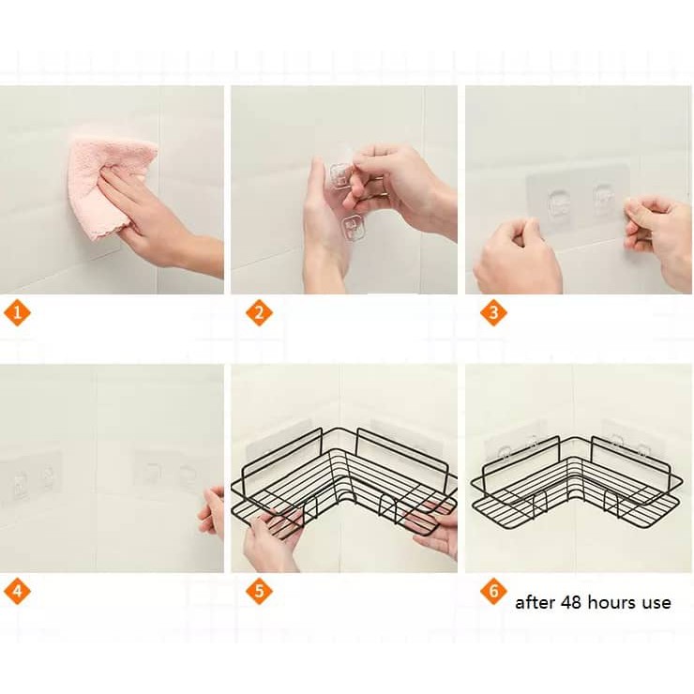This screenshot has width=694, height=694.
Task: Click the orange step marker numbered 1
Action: tap(17, 313)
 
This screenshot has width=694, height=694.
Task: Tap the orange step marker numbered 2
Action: tap(259, 313)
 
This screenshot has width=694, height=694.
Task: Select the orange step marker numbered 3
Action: tap(493, 313)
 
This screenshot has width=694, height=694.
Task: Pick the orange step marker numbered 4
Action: tap(17, 592)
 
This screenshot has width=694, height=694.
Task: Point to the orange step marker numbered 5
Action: tap(259, 592)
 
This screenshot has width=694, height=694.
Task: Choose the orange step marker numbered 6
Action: tap(493, 592)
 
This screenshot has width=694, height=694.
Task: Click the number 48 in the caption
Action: tap(571, 602)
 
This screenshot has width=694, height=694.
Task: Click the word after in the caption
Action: tap(536, 602)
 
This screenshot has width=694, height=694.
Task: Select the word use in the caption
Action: tap(657, 604)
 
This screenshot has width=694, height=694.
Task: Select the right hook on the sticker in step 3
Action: tap(603, 200)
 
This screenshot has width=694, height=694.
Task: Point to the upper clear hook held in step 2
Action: tap(339, 175)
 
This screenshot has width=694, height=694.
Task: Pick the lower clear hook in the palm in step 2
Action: tap(353, 228)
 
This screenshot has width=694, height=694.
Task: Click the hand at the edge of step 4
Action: tap(213, 512)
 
